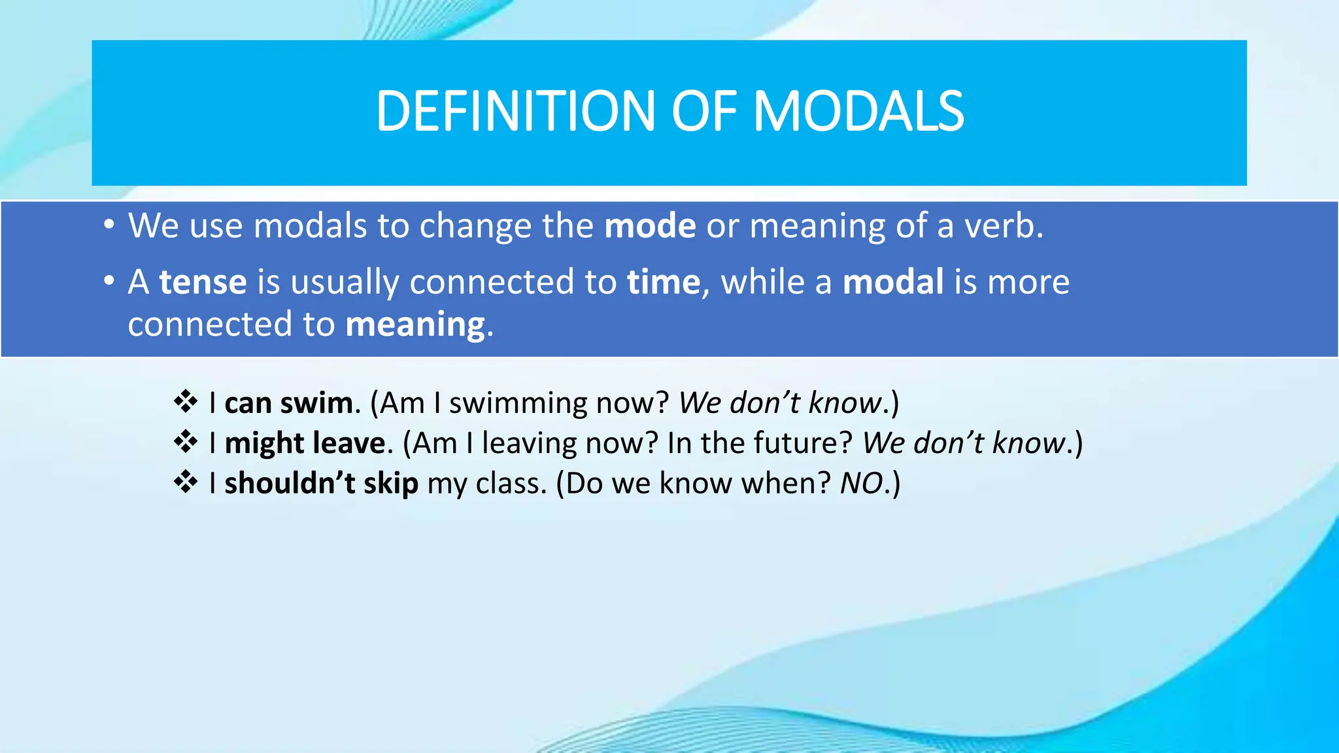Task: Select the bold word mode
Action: click(650, 226)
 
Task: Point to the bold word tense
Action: click(203, 282)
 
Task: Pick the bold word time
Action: click(663, 282)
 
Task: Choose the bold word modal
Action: click(892, 282)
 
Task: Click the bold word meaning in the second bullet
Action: click(415, 325)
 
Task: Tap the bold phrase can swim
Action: click(288, 403)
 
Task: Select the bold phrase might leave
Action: click(305, 444)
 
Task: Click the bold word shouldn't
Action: click(290, 484)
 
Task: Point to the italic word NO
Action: click(861, 484)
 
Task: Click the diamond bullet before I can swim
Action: click(186, 402)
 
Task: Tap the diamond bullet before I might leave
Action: click(186, 443)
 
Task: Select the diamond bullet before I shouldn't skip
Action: click(186, 482)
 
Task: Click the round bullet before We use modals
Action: click(109, 226)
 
